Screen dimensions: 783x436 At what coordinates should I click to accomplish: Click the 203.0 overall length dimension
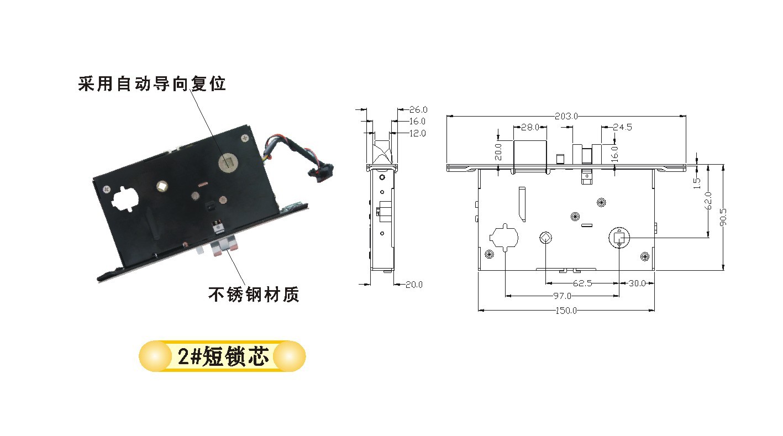(566, 116)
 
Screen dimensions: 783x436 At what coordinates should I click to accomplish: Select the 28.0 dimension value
(530, 127)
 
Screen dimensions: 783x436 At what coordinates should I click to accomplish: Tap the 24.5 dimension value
(623, 127)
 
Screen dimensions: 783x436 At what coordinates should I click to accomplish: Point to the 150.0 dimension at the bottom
(566, 311)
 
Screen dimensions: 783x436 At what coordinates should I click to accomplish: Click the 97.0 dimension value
(562, 296)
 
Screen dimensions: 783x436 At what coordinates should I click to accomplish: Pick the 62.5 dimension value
(582, 283)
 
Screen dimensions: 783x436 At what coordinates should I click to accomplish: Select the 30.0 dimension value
(637, 283)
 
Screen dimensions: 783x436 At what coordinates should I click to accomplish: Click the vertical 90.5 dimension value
(723, 217)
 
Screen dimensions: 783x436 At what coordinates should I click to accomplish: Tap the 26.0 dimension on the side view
(418, 110)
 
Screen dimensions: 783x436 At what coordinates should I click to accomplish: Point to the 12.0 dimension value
(417, 133)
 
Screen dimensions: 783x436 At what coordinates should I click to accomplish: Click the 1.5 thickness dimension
(697, 183)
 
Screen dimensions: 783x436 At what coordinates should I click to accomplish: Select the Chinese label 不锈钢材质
(254, 295)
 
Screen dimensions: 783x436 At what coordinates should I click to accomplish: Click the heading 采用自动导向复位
(152, 84)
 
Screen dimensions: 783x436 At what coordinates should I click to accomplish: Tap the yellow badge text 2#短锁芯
(223, 356)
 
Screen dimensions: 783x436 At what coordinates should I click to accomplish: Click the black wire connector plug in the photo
(319, 172)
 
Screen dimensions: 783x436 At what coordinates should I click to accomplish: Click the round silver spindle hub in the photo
(229, 162)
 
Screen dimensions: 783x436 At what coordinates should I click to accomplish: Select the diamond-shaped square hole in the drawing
(545, 238)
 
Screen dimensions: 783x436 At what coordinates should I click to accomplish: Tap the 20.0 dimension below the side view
(414, 285)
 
